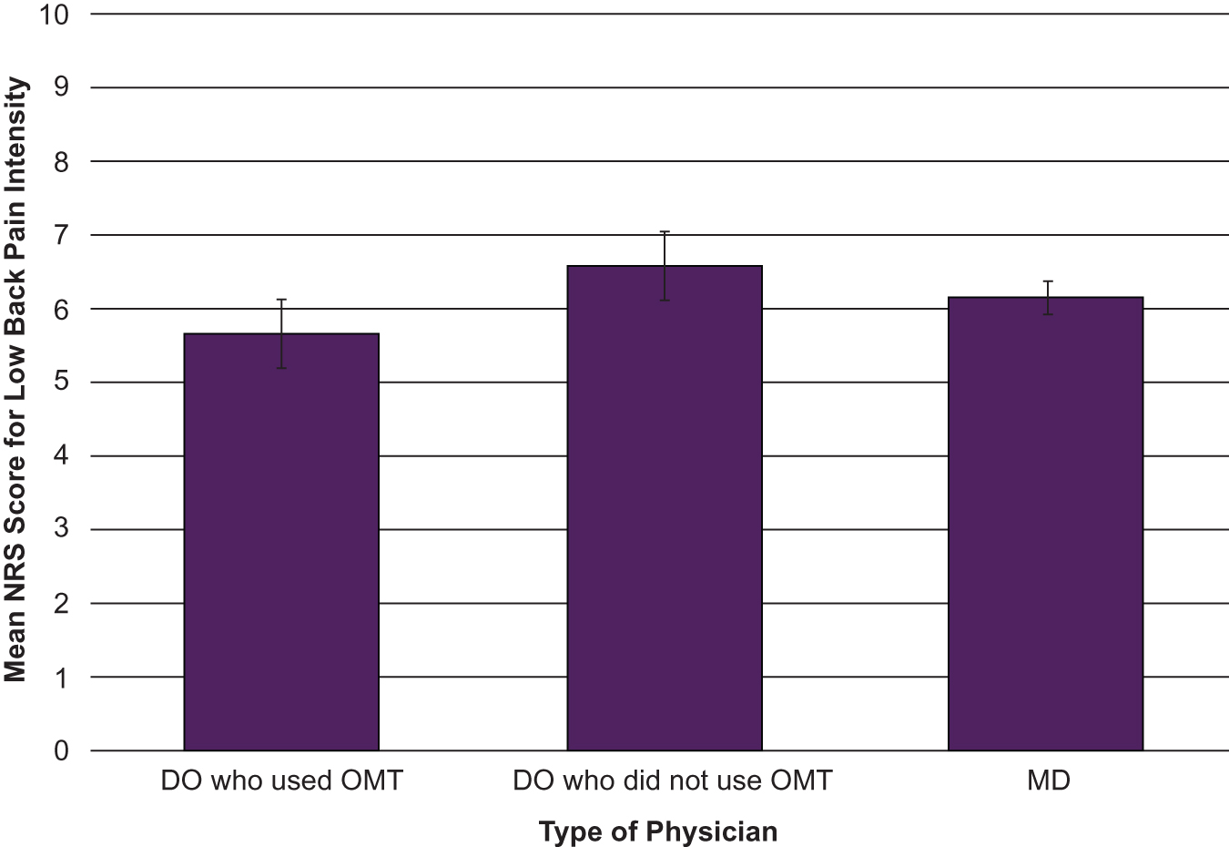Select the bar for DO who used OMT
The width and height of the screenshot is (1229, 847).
point(281,542)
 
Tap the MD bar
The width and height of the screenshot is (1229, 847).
point(1046,524)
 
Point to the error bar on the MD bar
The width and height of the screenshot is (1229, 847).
point(1048,298)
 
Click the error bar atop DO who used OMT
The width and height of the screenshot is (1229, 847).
point(282,333)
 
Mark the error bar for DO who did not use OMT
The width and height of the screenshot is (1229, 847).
point(665,265)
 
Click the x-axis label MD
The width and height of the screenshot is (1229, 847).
point(1048,781)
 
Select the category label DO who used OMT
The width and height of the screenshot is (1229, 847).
point(281,781)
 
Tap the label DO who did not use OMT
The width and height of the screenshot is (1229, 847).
point(672,781)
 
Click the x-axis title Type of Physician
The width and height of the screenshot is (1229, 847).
point(657,832)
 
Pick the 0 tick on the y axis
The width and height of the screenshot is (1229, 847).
point(61,751)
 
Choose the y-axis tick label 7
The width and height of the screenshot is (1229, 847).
point(61,236)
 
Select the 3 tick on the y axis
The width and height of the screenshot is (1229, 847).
point(61,530)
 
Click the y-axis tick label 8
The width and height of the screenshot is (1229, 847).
point(61,162)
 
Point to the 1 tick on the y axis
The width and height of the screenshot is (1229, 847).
point(61,678)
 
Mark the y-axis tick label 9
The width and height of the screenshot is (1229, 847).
point(61,88)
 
